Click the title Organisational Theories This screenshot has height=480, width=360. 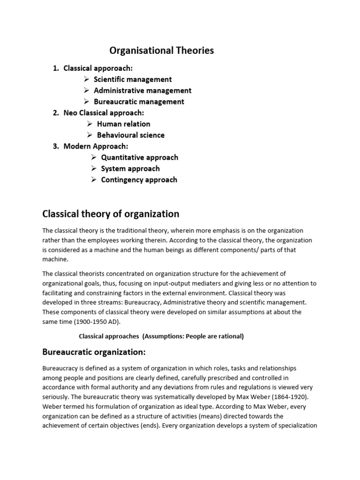(x=161, y=51)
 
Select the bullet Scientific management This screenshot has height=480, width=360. (x=133, y=79)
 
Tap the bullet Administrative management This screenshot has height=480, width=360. (x=142, y=90)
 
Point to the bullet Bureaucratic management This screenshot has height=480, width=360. (x=139, y=102)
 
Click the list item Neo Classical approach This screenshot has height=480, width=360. (x=104, y=113)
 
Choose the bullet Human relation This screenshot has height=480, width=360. (x=123, y=124)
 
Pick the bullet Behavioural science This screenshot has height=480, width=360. (x=131, y=135)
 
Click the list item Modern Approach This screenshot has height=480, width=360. (x=96, y=146)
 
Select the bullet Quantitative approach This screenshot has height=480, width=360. (x=139, y=157)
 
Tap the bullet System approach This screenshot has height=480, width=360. (x=130, y=169)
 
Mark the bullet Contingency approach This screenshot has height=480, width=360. (x=139, y=180)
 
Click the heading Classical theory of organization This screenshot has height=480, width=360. (x=111, y=214)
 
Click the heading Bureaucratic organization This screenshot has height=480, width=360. (x=94, y=352)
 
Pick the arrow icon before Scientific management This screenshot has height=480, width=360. (x=87, y=79)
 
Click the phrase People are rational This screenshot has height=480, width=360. (x=214, y=336)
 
